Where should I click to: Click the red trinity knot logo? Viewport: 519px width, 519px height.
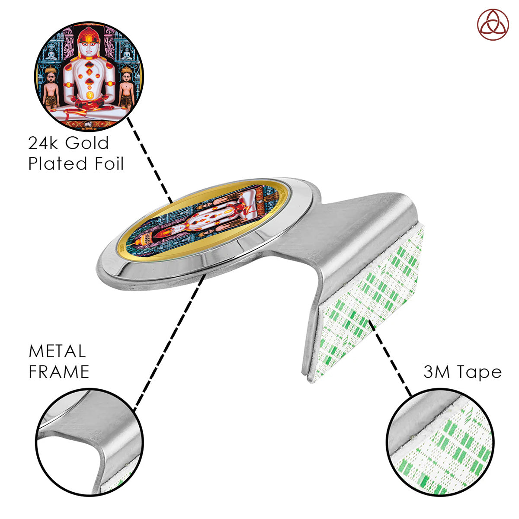[x=493, y=25]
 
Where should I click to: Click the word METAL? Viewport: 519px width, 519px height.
[x=57, y=351]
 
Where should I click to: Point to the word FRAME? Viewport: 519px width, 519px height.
[x=59, y=372]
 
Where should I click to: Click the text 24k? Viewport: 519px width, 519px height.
[x=42, y=143]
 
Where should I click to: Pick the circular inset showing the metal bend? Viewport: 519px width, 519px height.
[x=90, y=442]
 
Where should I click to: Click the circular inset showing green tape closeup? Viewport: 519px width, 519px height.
[x=440, y=442]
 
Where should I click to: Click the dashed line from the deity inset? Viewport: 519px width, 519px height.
[x=150, y=160]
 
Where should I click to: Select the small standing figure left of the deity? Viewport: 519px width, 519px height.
[x=51, y=88]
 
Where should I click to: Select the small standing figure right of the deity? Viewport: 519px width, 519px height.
[x=127, y=88]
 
